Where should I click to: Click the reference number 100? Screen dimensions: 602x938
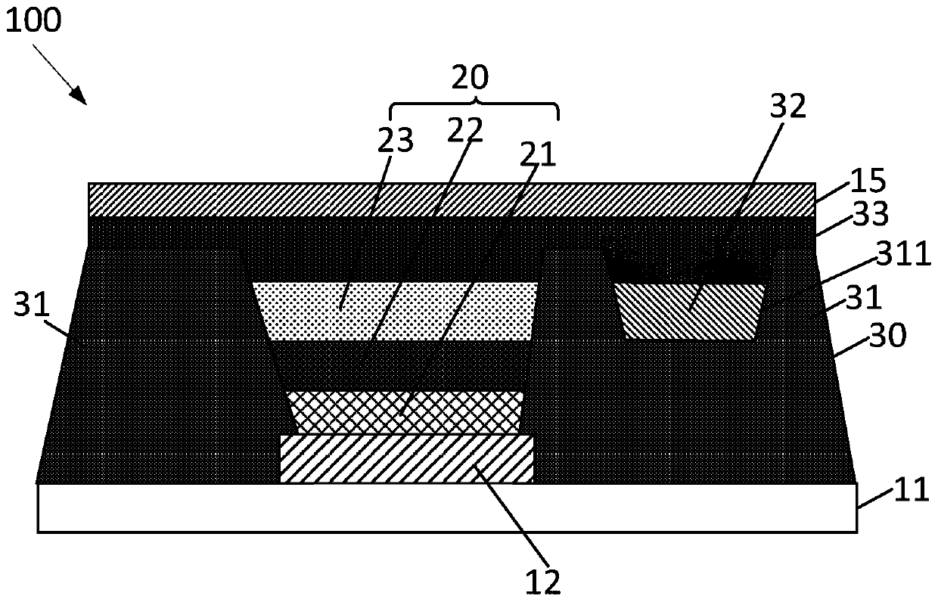(35, 20)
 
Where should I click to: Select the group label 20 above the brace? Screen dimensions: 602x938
(471, 77)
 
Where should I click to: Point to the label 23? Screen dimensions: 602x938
(396, 141)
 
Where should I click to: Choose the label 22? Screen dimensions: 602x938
(464, 130)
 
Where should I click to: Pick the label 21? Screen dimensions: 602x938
(536, 155)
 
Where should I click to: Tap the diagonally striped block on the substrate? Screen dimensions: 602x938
(406, 458)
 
